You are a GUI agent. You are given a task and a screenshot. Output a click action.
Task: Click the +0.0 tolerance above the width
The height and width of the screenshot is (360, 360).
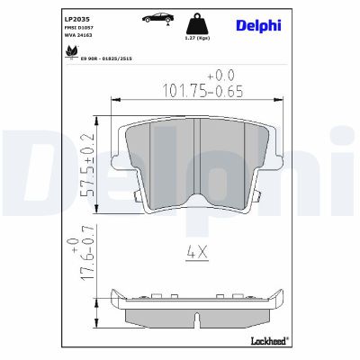(220, 75)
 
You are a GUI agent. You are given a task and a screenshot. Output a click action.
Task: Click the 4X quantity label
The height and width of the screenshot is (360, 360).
(198, 253)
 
